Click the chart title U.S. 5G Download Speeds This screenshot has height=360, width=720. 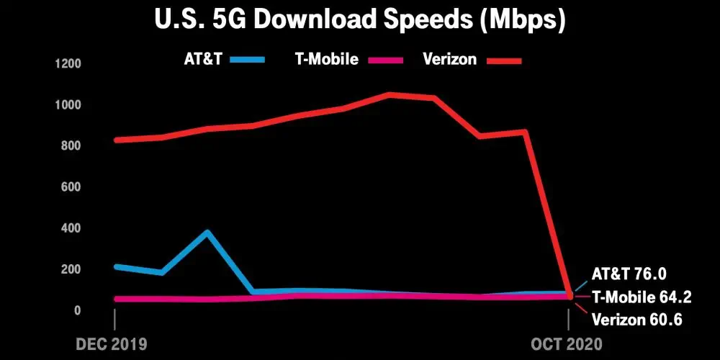click(360, 20)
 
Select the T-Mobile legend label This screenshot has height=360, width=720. click(327, 59)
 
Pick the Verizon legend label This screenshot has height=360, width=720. click(449, 59)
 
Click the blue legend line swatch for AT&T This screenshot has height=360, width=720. click(248, 60)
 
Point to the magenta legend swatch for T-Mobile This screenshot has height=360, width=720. click(390, 60)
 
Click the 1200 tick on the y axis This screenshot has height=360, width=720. click(68, 64)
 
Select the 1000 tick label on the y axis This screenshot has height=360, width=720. click(68, 105)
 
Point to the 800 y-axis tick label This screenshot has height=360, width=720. click(70, 146)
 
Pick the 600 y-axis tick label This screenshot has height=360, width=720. click(70, 187)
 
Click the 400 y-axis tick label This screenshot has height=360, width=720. click(70, 228)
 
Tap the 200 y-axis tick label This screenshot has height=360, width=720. click(70, 269)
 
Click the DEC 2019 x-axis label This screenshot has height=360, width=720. click(111, 343)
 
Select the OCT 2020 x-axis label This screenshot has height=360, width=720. click(568, 343)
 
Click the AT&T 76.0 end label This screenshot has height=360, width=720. click(629, 274)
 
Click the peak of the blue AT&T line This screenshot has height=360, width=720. click(207, 232)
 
